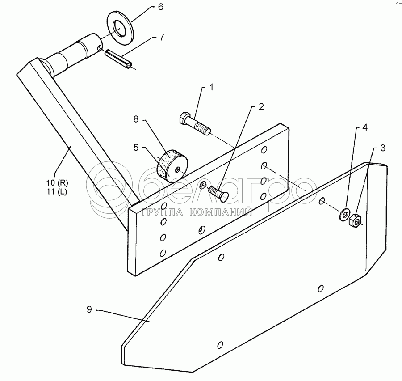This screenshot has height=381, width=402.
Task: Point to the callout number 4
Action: (365, 127)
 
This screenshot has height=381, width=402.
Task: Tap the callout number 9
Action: (89, 309)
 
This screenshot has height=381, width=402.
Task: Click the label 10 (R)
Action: (58, 182)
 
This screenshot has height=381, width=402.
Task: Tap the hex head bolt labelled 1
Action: (194, 123)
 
